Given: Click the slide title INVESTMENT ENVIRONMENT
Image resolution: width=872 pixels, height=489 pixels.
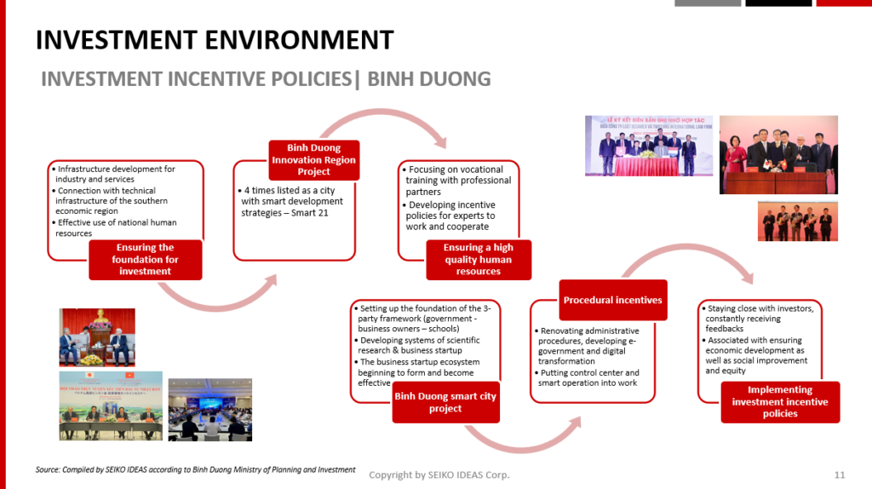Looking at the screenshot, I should click(x=214, y=39).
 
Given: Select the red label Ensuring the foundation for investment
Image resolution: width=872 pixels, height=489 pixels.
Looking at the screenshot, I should click(x=145, y=259).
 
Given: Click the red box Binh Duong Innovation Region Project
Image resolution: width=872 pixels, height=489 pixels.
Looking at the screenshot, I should click(x=313, y=159).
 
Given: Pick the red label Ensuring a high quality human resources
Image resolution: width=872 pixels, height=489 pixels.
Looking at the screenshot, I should click(x=478, y=259).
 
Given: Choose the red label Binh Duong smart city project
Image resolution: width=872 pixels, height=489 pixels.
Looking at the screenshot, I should click(x=445, y=402).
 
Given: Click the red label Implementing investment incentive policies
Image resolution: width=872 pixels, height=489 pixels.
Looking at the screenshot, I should click(x=780, y=402).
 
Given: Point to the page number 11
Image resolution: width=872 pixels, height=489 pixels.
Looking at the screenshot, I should click(x=840, y=475).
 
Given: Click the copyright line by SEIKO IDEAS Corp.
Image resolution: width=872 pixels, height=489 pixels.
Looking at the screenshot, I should click(x=439, y=475).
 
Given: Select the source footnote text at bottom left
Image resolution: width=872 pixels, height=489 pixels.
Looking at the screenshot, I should click(x=196, y=469).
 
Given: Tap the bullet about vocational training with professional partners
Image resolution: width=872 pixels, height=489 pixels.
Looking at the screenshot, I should click(x=459, y=181).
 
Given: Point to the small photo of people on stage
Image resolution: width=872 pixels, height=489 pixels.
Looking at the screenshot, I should click(x=797, y=221).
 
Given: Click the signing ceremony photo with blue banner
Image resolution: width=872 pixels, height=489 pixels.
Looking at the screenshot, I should click(x=648, y=146).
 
